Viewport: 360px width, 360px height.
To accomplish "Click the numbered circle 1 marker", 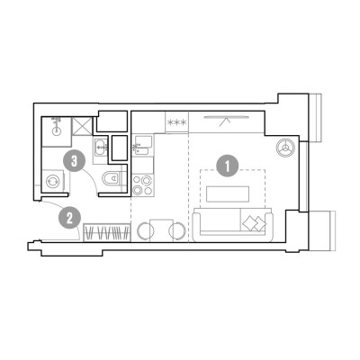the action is (x=228, y=166).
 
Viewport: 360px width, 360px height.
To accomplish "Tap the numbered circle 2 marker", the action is (x=69, y=218).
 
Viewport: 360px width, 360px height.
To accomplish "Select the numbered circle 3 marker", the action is (x=74, y=161).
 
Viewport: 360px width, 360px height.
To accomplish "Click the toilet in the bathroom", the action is (x=112, y=179).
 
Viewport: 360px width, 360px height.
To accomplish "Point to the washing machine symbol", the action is (x=53, y=181).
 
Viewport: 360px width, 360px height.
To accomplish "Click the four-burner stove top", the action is (x=142, y=185).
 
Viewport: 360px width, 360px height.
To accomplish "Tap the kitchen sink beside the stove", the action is (x=143, y=146).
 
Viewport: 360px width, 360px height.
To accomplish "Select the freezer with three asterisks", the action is (x=176, y=122).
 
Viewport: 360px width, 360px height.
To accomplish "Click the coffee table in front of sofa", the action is (x=228, y=193).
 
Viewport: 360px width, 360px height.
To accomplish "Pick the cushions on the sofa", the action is (x=254, y=223).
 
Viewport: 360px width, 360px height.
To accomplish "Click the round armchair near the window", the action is (x=285, y=148).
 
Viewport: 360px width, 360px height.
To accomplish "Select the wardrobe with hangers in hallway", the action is (x=106, y=232).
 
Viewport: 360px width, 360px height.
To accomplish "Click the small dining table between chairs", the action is (x=161, y=230).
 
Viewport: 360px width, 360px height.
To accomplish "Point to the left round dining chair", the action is (x=145, y=230).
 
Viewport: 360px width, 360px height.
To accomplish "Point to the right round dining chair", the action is (x=177, y=230).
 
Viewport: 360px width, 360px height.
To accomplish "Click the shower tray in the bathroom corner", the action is (x=57, y=132).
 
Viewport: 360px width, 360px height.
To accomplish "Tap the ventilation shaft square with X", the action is (x=82, y=126).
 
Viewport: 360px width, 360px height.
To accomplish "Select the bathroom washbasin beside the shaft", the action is (x=101, y=147).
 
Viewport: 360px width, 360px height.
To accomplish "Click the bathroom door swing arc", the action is (x=92, y=177).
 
